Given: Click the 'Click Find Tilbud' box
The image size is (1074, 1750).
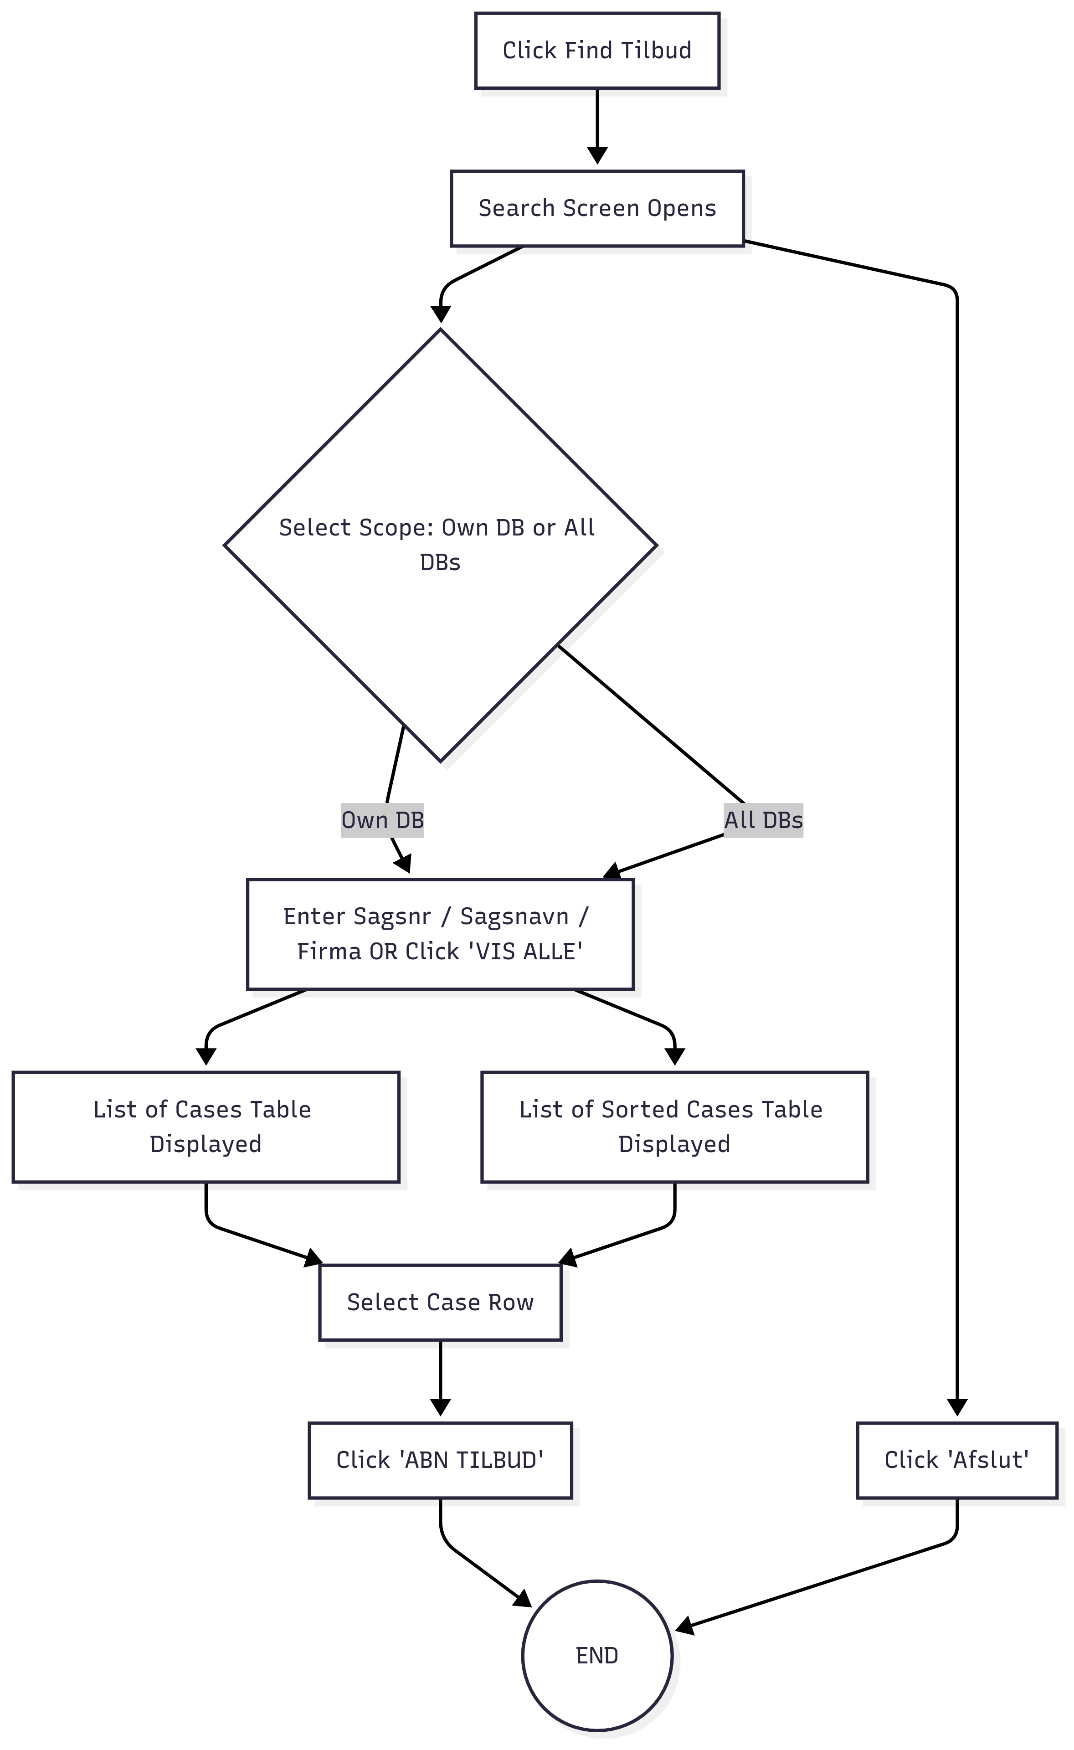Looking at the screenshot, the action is point(597,51).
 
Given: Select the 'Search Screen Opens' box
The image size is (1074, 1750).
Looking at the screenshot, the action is point(597,208).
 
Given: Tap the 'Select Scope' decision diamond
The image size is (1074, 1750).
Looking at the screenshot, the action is point(440,546).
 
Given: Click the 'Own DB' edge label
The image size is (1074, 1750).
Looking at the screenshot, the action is point(383,820).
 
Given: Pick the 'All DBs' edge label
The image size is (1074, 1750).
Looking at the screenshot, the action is point(764,820).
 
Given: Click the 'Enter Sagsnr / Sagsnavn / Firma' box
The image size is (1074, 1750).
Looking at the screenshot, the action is point(440,934).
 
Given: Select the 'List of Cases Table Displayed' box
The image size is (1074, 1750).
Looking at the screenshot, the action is point(206,1127).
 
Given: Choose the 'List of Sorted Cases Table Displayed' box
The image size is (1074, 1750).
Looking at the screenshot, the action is point(675,1127).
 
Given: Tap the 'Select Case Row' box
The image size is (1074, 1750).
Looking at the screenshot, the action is point(440,1302).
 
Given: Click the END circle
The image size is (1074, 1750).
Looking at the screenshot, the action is point(597,1656).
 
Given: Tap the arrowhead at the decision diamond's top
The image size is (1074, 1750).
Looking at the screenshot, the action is point(440,314).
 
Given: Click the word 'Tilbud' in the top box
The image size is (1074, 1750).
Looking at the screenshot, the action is point(656,51).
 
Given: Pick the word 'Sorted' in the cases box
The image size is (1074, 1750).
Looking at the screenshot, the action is point(640,1109).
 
